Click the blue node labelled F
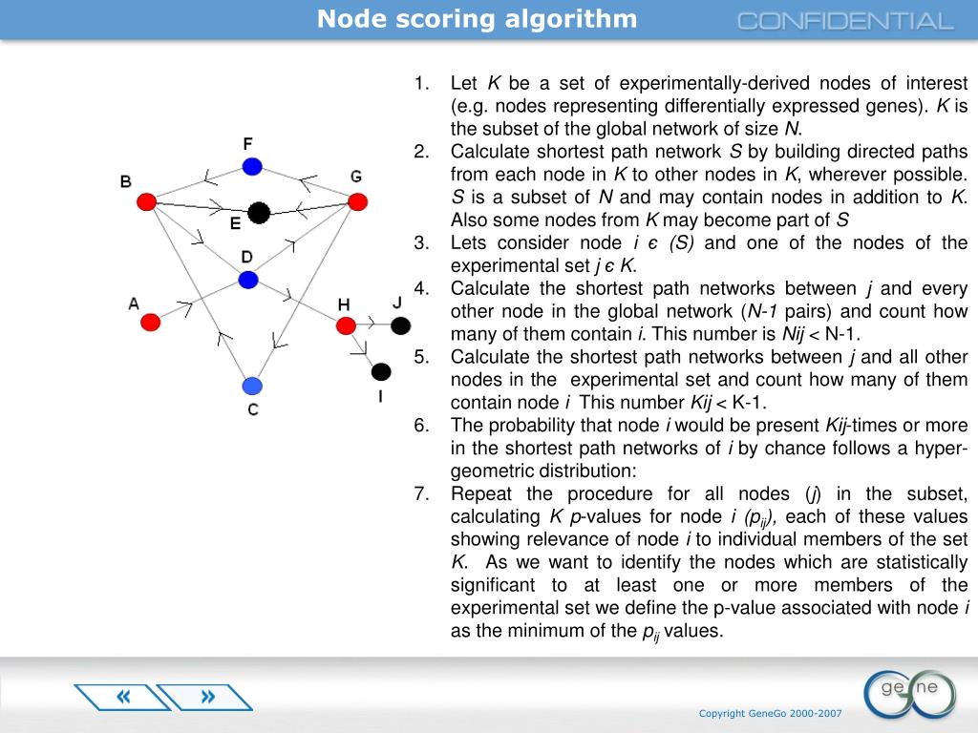[x=251, y=166]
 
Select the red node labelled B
[x=146, y=201]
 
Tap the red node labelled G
[x=357, y=201]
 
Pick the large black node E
[x=258, y=212]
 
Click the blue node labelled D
[x=248, y=280]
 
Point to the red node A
[x=150, y=322]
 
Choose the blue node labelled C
[x=251, y=386]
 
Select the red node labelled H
[x=346, y=325]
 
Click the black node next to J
[x=400, y=325]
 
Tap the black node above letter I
[x=381, y=371]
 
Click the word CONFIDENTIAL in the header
[x=845, y=21]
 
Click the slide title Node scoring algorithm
[x=477, y=19]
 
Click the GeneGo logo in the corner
[x=908, y=692]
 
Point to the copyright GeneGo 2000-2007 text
[x=770, y=713]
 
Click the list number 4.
[x=421, y=288]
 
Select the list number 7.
[x=421, y=494]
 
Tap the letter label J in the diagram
[x=397, y=303]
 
